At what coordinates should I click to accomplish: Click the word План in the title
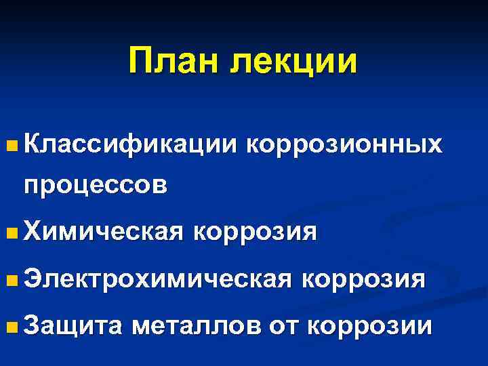click(174, 62)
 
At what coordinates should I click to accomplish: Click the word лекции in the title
click(293, 62)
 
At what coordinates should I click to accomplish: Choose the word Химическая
click(104, 232)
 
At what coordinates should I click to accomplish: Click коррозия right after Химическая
click(255, 232)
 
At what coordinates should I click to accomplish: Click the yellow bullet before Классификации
click(9, 145)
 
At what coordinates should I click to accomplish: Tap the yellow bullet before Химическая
click(9, 233)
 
